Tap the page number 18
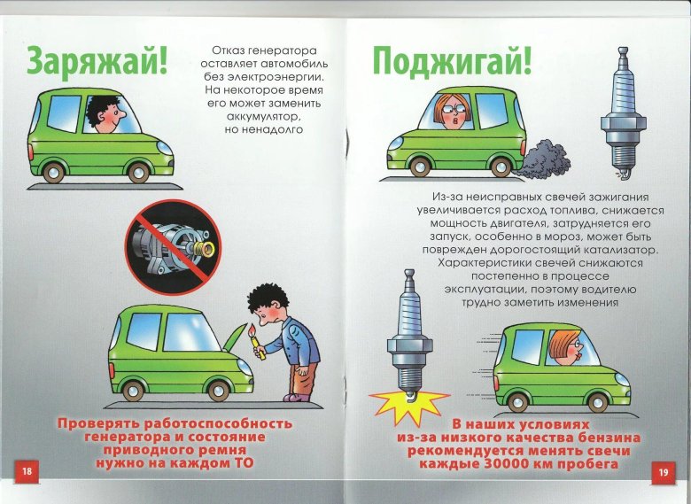27,471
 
